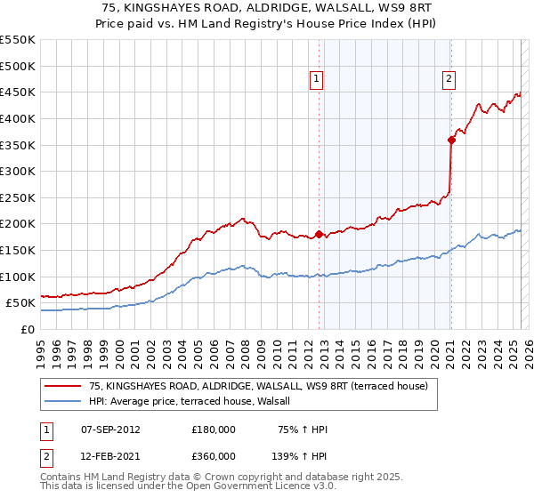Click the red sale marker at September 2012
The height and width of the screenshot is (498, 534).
click(319, 235)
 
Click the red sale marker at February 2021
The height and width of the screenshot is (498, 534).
click(451, 140)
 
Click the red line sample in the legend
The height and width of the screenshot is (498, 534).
click(63, 386)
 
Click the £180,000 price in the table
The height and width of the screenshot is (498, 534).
click(214, 430)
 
